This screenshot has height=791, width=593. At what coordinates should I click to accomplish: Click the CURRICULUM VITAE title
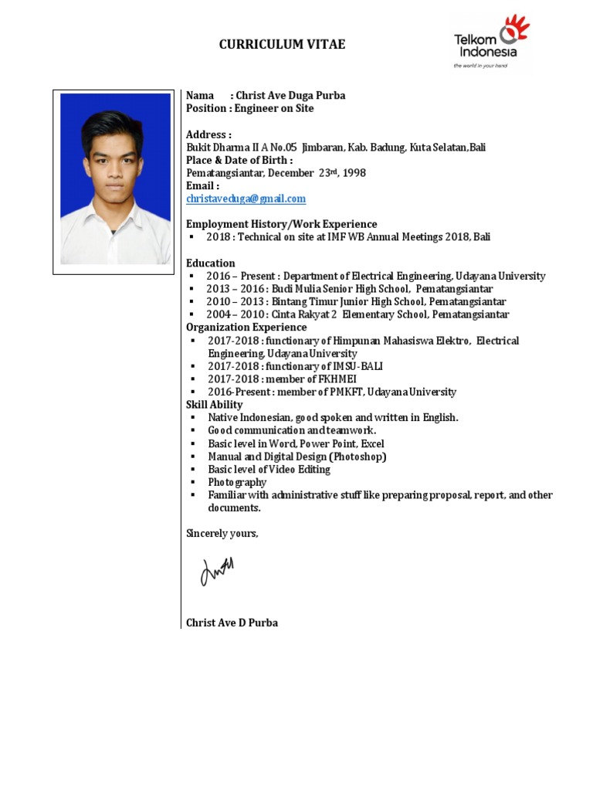(282, 45)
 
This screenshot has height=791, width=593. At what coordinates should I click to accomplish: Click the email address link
(246, 199)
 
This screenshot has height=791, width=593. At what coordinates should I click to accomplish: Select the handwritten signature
(217, 571)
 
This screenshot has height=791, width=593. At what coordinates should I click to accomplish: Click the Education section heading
(210, 263)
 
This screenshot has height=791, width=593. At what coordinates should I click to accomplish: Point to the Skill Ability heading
(214, 405)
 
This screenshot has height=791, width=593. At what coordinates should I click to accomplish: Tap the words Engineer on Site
(274, 109)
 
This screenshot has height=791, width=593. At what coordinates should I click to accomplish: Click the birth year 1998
(354, 173)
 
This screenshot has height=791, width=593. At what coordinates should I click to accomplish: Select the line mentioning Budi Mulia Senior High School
(349, 289)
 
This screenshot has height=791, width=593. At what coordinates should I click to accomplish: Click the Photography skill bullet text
(237, 482)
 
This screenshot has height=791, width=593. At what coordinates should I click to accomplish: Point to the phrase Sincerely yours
(222, 533)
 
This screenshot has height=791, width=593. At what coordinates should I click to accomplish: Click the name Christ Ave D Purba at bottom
(232, 623)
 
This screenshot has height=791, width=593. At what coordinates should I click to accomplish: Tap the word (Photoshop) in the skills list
(360, 457)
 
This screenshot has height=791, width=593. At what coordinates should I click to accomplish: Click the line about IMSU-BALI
(295, 366)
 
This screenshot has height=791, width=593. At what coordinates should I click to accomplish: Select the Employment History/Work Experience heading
(281, 224)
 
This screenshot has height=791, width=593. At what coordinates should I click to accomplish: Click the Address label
(208, 134)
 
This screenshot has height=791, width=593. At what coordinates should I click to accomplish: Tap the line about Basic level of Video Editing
(269, 469)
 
